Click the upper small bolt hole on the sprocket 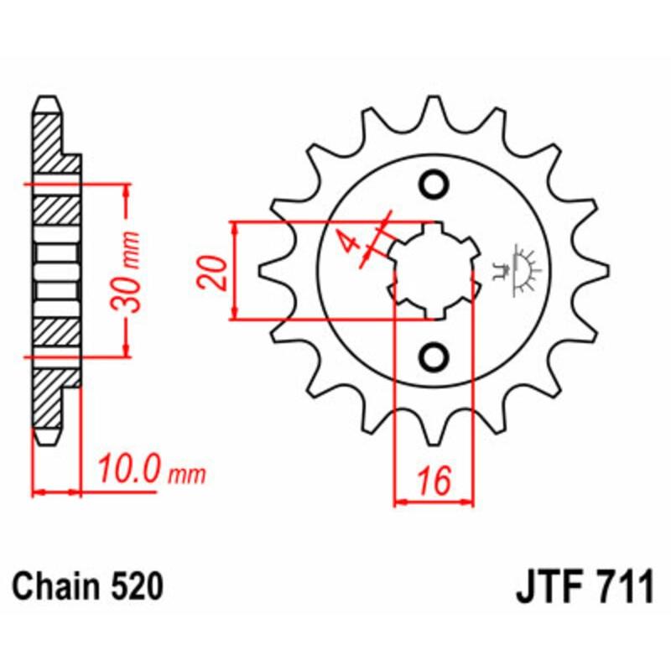coord(434,185)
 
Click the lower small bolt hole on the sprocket coord(434,357)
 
